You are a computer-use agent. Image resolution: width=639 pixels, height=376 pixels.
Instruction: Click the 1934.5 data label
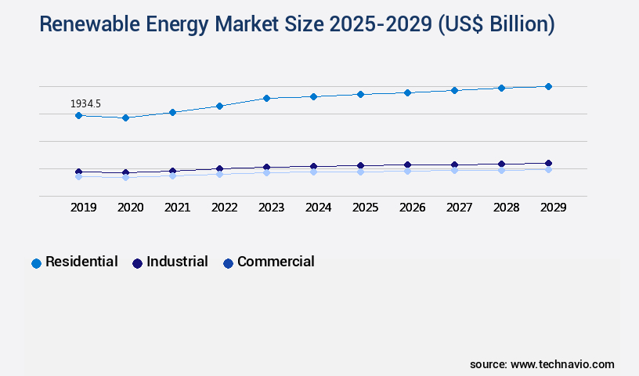pos(85,103)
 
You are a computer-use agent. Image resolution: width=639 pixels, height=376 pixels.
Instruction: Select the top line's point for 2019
pos(78,115)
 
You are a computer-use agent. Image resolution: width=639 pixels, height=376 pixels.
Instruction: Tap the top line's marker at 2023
pos(266,98)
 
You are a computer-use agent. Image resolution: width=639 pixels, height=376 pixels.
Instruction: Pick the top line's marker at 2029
pos(548,86)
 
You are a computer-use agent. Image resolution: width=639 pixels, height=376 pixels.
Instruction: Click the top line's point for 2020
pos(125,117)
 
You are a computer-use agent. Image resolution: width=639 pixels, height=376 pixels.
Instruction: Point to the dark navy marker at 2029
pos(548,163)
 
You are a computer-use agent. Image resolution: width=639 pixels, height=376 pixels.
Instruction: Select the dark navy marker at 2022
pos(219,168)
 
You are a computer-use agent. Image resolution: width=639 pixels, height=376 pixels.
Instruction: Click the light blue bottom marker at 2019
pos(78,177)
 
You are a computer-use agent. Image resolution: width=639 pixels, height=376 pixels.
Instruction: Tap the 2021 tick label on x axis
pos(177,208)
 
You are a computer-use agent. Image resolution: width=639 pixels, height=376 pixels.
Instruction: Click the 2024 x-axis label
pos(318,208)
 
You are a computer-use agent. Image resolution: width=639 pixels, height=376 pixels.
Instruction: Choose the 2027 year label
pos(459,208)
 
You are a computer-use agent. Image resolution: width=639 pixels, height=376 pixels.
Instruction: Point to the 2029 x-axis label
pos(553,208)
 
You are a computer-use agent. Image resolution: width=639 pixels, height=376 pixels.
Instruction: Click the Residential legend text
pos(81,262)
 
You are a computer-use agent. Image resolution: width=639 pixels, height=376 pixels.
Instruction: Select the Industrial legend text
pos(177,262)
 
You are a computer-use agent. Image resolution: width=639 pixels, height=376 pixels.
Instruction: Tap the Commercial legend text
pos(276,262)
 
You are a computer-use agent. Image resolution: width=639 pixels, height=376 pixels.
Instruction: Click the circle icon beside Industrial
pos(137,263)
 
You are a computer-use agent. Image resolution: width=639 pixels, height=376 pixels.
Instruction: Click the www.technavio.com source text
pos(562,364)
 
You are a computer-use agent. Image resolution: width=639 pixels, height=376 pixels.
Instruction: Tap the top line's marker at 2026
pos(407,92)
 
